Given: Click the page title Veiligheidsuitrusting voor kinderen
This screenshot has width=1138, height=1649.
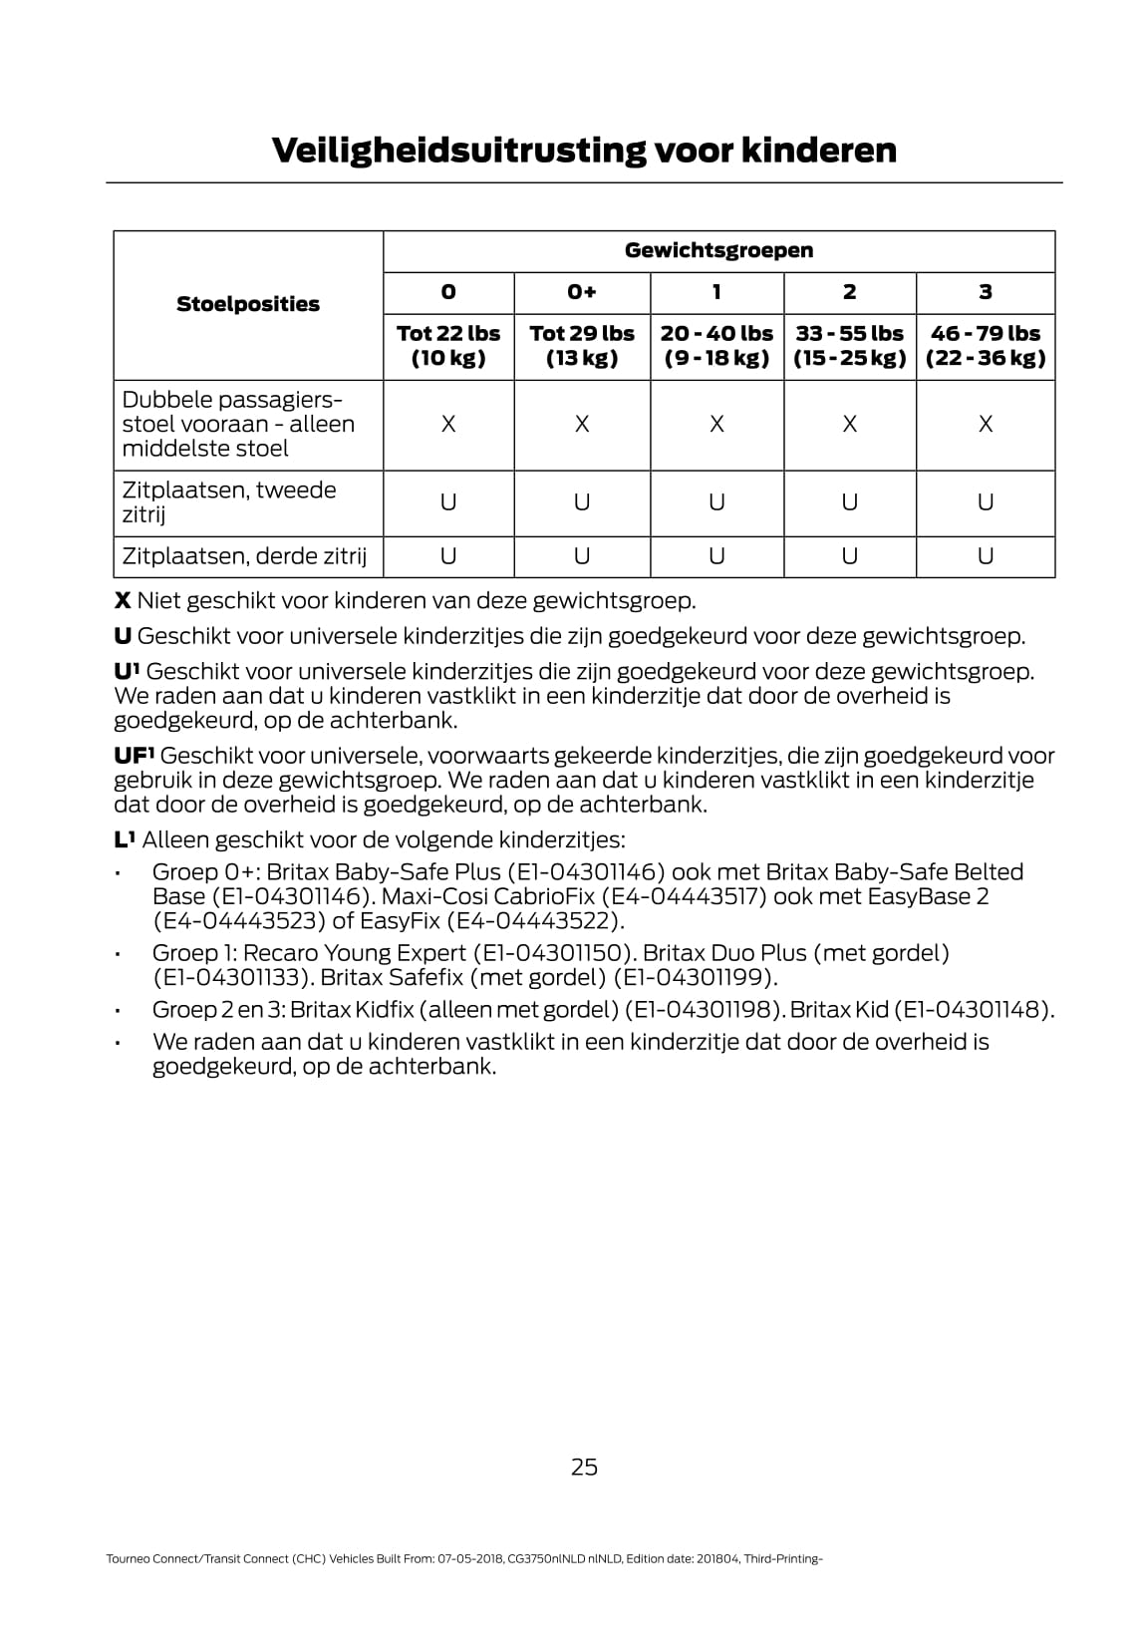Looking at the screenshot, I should (584, 151).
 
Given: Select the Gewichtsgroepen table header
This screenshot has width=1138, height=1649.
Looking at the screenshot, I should (718, 251).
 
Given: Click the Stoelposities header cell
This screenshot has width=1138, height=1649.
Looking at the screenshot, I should (248, 305).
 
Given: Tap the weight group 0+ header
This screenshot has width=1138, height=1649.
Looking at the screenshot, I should (582, 292).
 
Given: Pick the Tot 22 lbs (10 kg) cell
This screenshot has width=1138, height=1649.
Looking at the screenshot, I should (448, 346).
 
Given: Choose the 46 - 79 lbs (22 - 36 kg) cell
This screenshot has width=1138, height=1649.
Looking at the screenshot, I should (985, 346).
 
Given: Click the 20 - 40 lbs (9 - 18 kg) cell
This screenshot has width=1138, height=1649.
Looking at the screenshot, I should (716, 346).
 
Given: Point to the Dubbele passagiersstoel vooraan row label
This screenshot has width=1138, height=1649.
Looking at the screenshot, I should (238, 424).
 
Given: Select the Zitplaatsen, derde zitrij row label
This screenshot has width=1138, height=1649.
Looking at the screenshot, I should (244, 556).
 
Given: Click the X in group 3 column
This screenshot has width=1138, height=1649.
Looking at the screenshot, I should (985, 425).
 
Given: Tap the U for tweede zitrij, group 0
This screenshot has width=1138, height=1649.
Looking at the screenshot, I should (448, 502).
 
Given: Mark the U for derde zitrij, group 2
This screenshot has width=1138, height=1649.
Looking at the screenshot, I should (849, 556).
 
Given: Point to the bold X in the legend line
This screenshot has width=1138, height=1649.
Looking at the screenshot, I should (123, 601).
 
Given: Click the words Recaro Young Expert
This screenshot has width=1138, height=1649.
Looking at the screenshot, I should (355, 953).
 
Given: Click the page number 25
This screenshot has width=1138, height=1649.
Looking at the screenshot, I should (584, 1467).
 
